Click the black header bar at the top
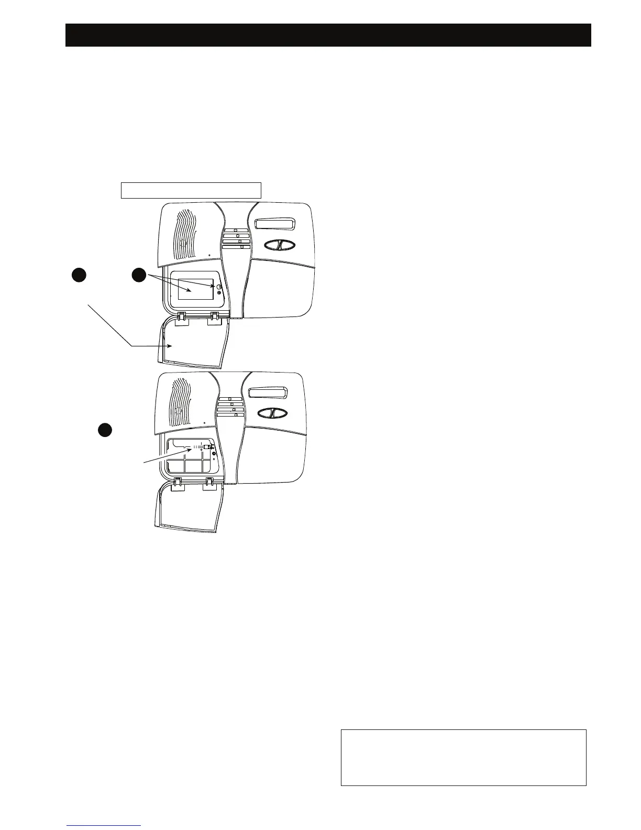point(328,35)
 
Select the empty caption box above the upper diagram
point(191,190)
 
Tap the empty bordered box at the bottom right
point(463,757)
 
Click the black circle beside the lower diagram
point(105,430)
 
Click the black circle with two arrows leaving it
point(138,275)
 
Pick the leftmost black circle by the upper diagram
point(79,275)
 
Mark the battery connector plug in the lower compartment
point(208,447)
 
